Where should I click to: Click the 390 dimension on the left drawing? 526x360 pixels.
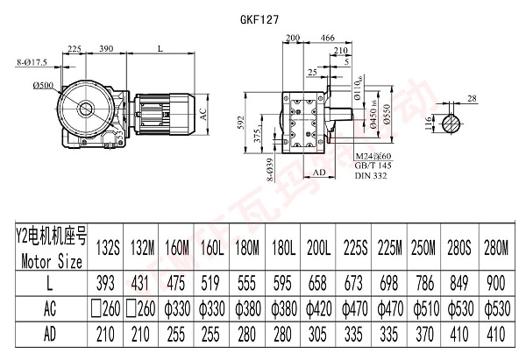107,48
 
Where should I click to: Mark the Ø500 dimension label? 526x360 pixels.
44,85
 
